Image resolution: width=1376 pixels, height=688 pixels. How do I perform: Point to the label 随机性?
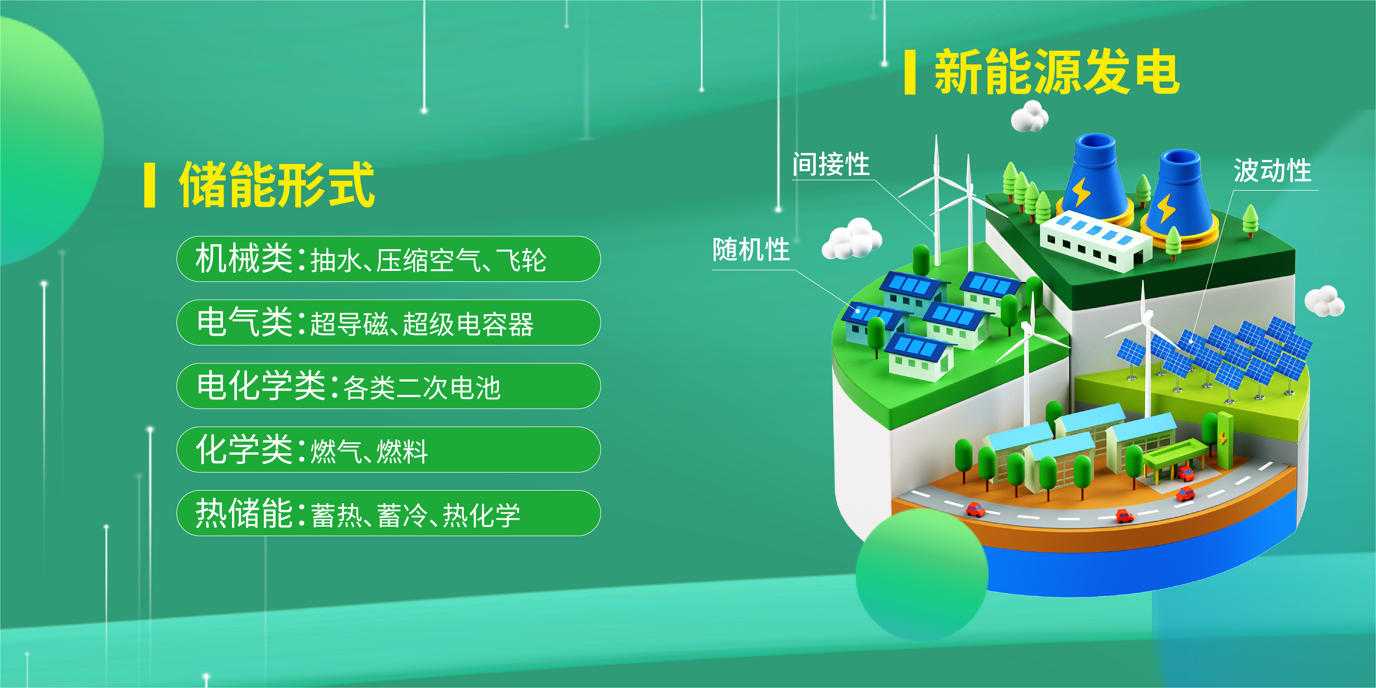coord(751,249)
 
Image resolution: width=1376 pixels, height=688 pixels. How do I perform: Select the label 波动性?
coord(1272,171)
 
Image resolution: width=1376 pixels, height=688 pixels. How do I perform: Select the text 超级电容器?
coord(468,324)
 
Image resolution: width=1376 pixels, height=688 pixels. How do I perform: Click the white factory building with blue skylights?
coord(1095,242)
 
